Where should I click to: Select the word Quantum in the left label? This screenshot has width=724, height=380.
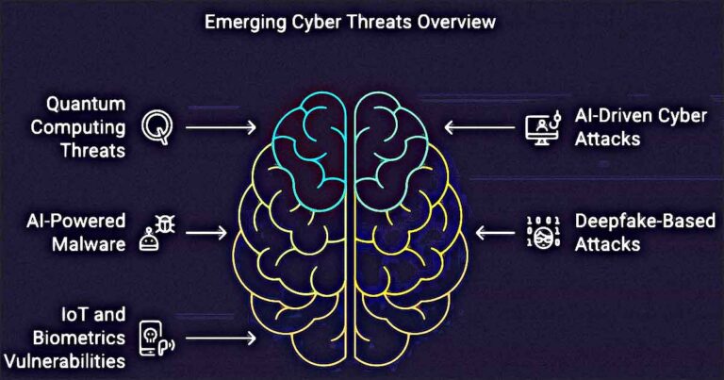(x=86, y=104)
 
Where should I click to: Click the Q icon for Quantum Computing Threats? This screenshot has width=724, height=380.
(x=157, y=127)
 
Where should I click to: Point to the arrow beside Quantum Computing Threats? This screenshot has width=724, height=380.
(x=221, y=127)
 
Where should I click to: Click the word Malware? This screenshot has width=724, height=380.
(x=89, y=244)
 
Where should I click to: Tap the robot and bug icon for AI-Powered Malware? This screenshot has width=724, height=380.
(x=157, y=233)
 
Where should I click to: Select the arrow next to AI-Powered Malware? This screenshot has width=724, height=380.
(x=206, y=232)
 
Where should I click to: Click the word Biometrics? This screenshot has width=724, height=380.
(x=79, y=338)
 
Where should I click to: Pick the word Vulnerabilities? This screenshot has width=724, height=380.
(x=65, y=360)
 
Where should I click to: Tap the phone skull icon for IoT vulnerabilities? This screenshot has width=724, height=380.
(x=157, y=339)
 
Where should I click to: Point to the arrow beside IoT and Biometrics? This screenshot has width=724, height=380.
(x=221, y=338)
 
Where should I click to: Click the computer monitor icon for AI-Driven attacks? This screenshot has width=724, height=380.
(x=543, y=128)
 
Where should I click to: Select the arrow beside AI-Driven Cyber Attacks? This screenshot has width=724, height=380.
(x=479, y=127)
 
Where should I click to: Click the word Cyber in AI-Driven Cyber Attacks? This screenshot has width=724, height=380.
(x=683, y=116)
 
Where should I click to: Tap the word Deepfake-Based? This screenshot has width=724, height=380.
(x=645, y=222)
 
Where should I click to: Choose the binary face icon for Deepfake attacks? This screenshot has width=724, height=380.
(x=543, y=232)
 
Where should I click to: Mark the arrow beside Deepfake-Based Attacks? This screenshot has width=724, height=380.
(x=495, y=232)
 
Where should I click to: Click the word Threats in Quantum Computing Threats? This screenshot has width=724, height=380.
(x=92, y=151)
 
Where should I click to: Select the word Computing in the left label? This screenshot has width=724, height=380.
(x=78, y=128)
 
